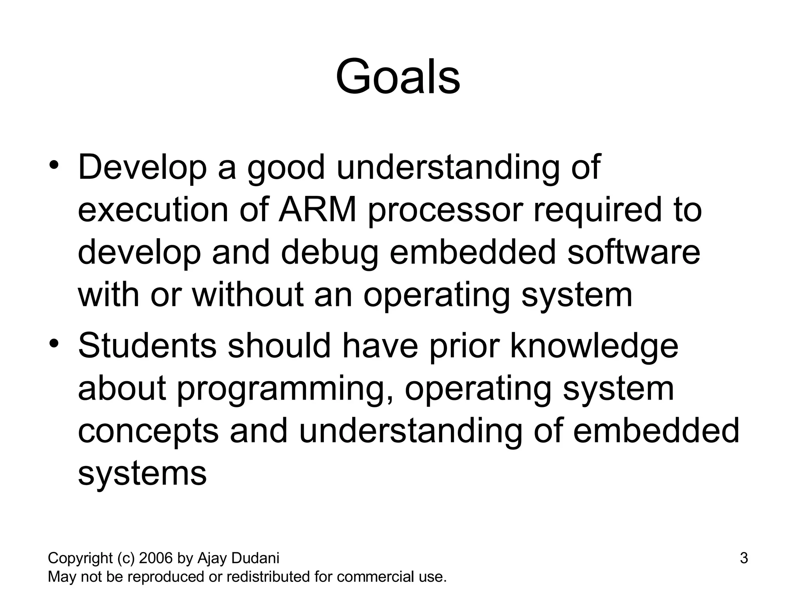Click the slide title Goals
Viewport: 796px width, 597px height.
[x=398, y=77]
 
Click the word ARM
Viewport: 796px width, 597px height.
[x=318, y=210]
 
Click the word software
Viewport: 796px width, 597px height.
[x=634, y=252]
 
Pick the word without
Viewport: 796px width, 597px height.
[x=247, y=295]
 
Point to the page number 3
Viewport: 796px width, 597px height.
[x=744, y=559]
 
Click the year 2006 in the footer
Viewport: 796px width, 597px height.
[x=156, y=559]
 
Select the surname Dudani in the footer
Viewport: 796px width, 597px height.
[x=255, y=559]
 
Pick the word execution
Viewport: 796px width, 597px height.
[x=153, y=210]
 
